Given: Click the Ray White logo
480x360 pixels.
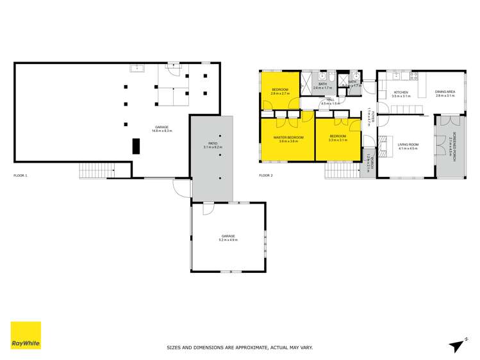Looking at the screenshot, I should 26,335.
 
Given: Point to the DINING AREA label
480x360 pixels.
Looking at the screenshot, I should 445,92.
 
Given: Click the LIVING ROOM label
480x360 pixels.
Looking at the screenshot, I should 408,145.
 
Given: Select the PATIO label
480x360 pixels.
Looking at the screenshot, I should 212,143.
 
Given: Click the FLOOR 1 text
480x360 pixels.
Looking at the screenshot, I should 21,175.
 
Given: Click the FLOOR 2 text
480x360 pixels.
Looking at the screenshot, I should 266,175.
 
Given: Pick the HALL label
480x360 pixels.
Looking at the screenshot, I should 331,100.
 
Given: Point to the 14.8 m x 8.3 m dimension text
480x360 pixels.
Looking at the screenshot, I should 162,131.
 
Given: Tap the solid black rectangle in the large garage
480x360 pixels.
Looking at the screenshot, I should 136,146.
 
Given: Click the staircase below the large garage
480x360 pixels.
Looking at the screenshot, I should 96,171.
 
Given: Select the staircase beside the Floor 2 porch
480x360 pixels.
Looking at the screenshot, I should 343,170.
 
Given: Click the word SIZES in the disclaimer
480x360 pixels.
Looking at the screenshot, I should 174,347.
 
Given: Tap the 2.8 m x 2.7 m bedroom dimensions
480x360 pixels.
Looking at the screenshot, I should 281,94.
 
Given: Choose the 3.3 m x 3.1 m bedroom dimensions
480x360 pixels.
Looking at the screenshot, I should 338,140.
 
